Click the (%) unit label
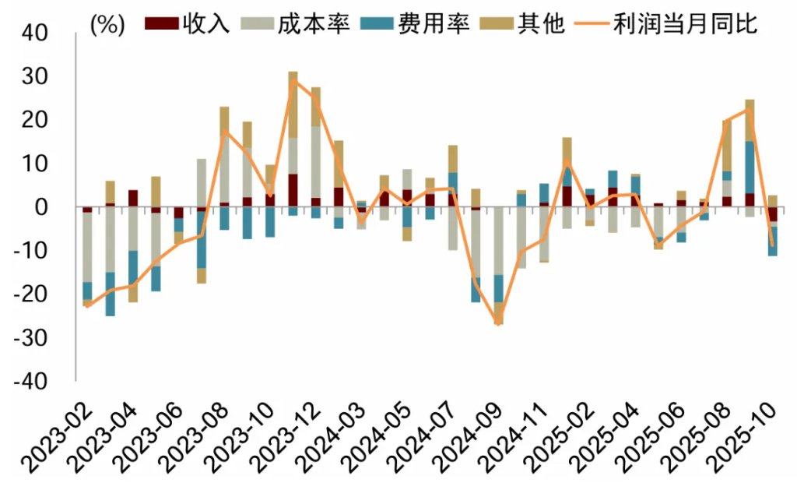[107, 24]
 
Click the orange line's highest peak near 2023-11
[293, 80]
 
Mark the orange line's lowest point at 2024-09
[499, 323]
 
